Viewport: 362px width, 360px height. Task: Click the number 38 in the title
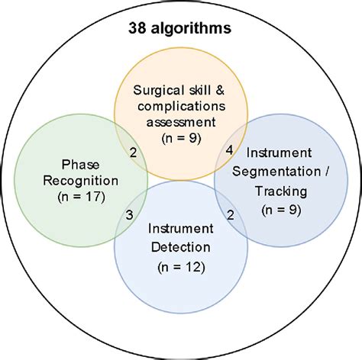137,31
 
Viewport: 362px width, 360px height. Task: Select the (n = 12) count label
180,268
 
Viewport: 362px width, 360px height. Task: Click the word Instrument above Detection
180,227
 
